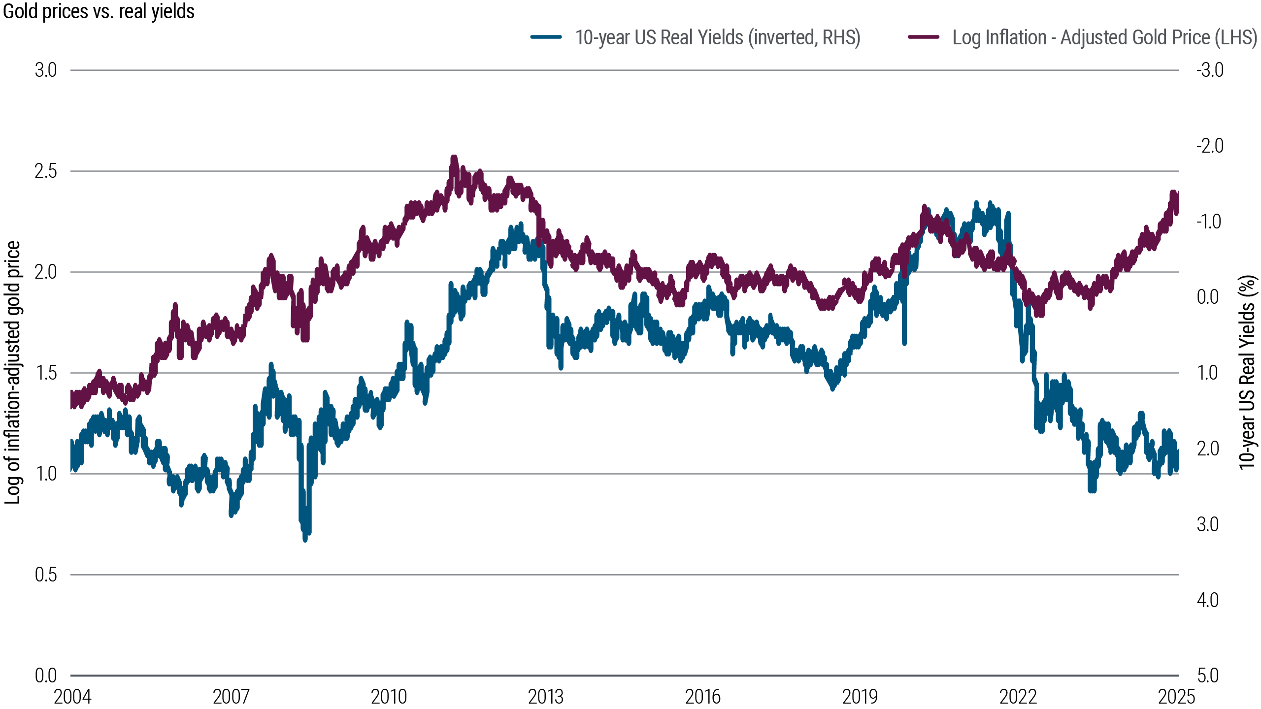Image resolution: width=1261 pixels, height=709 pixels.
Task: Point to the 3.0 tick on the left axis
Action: tap(46, 70)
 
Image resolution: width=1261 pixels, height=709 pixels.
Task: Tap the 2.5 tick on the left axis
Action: tap(46, 171)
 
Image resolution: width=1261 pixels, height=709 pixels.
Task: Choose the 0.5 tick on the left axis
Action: tap(46, 575)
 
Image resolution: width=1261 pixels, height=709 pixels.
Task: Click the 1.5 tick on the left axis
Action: tap(46, 373)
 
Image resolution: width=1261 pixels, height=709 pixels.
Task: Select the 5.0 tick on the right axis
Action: tap(1208, 676)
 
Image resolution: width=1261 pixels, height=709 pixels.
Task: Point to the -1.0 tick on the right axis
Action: tap(1209, 222)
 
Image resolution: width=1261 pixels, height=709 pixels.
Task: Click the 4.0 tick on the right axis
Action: tap(1208, 600)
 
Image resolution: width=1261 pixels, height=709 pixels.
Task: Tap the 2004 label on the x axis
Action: tap(72, 697)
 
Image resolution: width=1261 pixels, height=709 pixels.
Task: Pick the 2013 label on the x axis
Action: tap(545, 697)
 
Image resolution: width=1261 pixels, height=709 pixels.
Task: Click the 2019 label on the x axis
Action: tap(860, 697)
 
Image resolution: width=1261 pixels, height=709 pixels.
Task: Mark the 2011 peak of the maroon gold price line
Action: tap(454, 158)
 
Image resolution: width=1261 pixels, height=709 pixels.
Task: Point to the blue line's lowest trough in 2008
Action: tap(305, 540)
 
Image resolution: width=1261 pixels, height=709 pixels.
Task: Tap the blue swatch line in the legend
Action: tap(546, 37)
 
